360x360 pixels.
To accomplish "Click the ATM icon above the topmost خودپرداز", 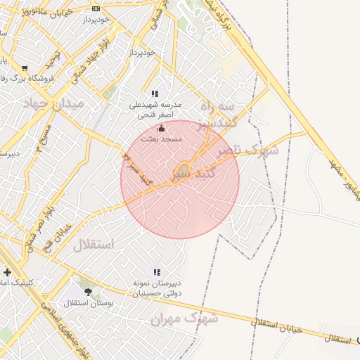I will tap(96, 9).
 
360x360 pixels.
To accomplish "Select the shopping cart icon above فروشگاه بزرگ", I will tap(25, 69).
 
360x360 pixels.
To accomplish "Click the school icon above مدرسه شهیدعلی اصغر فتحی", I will tap(155, 94).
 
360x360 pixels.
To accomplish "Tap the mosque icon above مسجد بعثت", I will tap(162, 129).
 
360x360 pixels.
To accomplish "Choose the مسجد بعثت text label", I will tap(162, 140).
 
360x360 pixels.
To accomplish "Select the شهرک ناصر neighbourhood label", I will tap(247, 150).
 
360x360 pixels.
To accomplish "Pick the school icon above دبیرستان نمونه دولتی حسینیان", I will tap(156, 272).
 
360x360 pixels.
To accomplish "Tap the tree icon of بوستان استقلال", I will tap(88, 291).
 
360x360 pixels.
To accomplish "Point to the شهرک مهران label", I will tap(184, 319).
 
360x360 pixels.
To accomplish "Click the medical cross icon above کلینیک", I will tap(8, 272).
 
